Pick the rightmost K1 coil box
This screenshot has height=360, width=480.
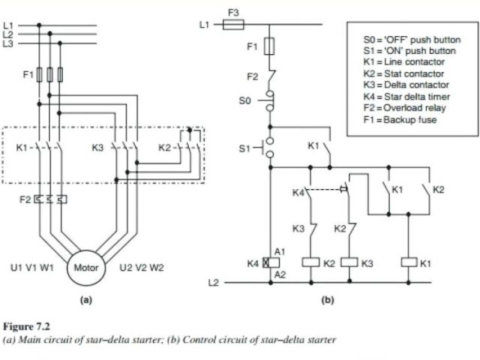click(x=409, y=263)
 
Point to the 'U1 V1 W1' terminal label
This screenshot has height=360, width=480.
click(x=32, y=267)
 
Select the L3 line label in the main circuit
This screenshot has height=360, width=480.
click(x=8, y=43)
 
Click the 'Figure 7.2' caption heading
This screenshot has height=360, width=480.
click(x=25, y=327)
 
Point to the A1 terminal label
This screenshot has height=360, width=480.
click(x=280, y=251)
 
